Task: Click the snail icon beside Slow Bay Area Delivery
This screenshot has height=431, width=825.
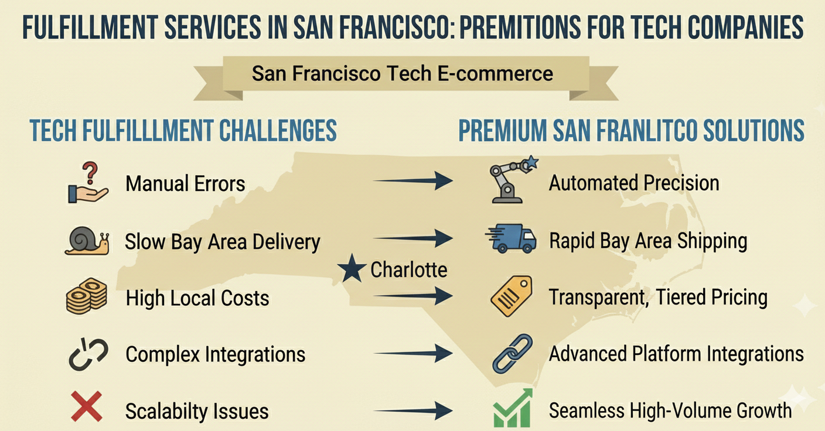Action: [87, 241]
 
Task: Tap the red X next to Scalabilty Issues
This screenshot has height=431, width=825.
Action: [86, 406]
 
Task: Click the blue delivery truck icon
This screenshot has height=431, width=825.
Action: [511, 240]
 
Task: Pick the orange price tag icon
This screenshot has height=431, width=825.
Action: [511, 296]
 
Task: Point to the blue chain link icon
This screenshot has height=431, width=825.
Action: [512, 354]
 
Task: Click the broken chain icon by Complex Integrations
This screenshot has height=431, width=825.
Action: [88, 354]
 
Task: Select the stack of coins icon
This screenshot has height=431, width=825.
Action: [86, 296]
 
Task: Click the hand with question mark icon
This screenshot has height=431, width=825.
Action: [87, 184]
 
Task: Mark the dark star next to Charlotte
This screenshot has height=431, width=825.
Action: [352, 270]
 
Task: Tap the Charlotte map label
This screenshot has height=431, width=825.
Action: [408, 269]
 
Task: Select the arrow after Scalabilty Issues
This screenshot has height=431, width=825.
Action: [413, 410]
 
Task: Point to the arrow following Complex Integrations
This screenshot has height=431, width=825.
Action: [413, 353]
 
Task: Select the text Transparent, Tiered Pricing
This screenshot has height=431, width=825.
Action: [658, 297]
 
